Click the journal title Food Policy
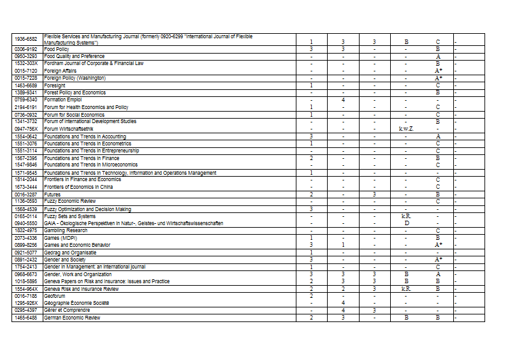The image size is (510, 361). [x=57, y=49]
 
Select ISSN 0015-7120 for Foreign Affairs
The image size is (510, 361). [x=26, y=71]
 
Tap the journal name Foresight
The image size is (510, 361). [x=54, y=85]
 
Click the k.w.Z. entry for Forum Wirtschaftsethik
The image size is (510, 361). [x=406, y=129]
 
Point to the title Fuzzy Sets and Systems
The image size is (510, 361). [x=70, y=216]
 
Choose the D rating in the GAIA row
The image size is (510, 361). [x=406, y=223]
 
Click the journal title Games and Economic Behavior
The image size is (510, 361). [x=77, y=245]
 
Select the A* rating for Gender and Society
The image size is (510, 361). [x=438, y=260]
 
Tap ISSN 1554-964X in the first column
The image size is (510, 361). [x=26, y=288]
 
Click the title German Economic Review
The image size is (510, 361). [x=72, y=318]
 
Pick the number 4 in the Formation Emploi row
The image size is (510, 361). [x=343, y=100]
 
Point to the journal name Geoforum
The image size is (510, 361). [x=56, y=296]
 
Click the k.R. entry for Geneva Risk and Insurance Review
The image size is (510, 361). [x=406, y=288]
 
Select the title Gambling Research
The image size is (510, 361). [x=66, y=230]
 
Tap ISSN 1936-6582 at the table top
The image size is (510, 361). [x=26, y=40]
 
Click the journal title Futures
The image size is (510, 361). [x=53, y=194]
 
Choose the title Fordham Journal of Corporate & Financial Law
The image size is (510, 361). [x=94, y=64]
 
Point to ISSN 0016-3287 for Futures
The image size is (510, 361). [x=26, y=194]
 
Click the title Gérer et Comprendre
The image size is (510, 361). [x=67, y=310]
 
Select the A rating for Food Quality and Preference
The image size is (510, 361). [x=438, y=56]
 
